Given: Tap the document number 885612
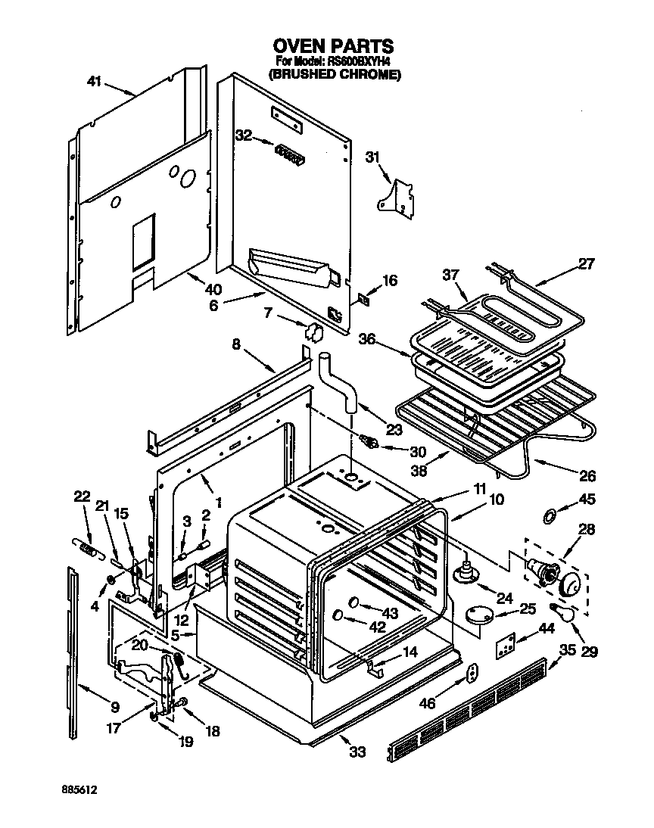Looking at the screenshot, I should pyautogui.click(x=79, y=789).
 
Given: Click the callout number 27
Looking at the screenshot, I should pyautogui.click(x=587, y=264).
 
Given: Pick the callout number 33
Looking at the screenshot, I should pyautogui.click(x=357, y=752).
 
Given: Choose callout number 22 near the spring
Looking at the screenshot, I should pyautogui.click(x=82, y=496).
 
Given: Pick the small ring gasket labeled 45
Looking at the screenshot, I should pyautogui.click(x=550, y=515).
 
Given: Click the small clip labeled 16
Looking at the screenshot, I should pyautogui.click(x=365, y=298).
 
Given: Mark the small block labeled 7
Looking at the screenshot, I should pyautogui.click(x=312, y=330).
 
